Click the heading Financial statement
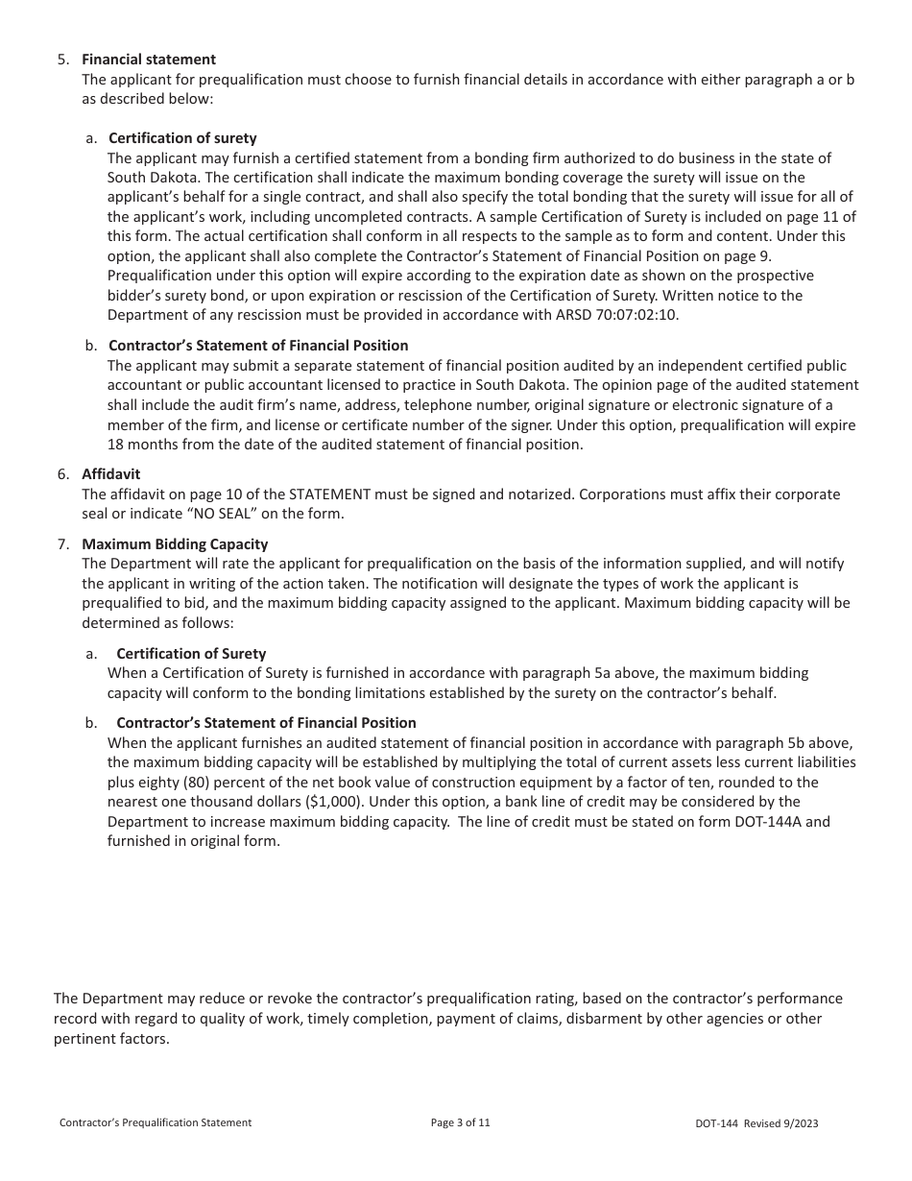(x=149, y=60)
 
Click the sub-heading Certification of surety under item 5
(x=182, y=138)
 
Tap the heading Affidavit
(x=110, y=474)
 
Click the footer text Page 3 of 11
(x=461, y=1122)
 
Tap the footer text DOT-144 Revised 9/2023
(x=756, y=1123)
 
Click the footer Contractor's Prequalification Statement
(x=156, y=1122)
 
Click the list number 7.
(x=62, y=544)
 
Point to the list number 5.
(x=62, y=60)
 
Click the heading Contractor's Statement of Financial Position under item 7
(x=266, y=723)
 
